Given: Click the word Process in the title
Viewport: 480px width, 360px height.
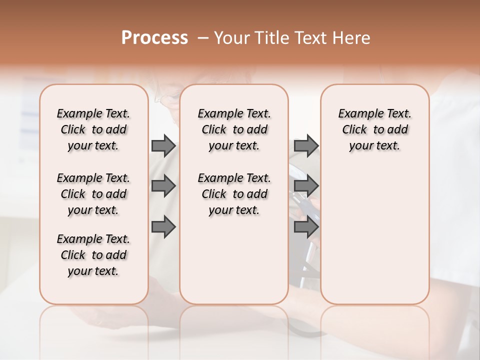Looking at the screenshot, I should point(154,38).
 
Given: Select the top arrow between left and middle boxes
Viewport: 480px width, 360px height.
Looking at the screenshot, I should point(163,146).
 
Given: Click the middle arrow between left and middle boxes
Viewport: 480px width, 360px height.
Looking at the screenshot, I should point(163,186).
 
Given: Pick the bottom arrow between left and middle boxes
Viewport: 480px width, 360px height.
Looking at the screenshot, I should point(163,227).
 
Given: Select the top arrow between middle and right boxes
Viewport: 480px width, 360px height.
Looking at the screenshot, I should point(306,146).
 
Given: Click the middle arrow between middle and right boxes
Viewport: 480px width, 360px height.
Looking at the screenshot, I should point(306,186).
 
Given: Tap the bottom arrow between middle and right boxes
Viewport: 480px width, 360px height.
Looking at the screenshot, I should point(306,227).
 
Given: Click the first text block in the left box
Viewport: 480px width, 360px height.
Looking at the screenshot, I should point(93,129).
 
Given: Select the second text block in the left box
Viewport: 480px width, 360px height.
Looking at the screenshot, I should point(93,194).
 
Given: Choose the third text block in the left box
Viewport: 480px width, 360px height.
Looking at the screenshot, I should point(93,255).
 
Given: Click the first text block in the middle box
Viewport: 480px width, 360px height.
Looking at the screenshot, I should point(234,129).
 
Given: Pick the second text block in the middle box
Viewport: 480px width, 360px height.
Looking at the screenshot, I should point(234,194).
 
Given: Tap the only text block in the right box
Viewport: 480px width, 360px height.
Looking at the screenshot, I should point(374,129).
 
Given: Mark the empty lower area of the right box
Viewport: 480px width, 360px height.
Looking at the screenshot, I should point(374,235).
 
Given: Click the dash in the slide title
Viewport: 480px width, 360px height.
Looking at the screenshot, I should point(203,38).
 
